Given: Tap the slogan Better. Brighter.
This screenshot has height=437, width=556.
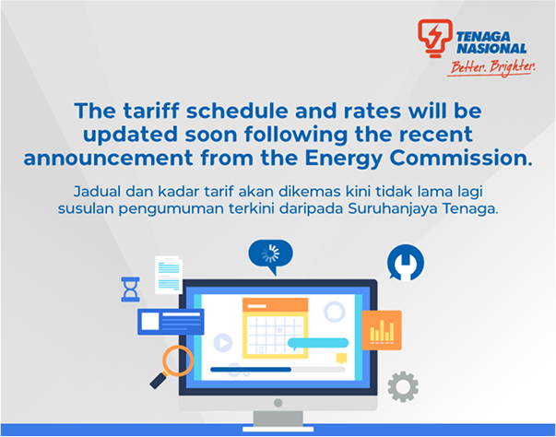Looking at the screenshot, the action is coord(492,67).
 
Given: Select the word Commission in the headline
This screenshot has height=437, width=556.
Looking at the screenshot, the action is coord(461,158).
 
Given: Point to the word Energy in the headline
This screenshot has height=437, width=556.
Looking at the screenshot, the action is coord(343,159).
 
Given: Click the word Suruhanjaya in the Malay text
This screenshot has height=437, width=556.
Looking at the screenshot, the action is coord(393,208).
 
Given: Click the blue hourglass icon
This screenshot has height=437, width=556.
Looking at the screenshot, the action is coord(131,289).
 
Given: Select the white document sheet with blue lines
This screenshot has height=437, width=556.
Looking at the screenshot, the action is coord(169,275).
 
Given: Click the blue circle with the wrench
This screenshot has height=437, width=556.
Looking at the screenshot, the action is coord(406,263).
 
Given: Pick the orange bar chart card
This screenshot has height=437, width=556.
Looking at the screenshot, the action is coord(382,330).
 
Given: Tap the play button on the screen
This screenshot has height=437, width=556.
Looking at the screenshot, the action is coord(223,343).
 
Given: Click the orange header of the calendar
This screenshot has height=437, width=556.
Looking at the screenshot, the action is coord(275,305).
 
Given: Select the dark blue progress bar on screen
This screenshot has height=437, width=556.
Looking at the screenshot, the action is coord(251,370).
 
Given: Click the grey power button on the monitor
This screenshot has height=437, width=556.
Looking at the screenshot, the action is coord(278,403).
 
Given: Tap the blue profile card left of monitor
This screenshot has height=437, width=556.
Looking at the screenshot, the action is coord(171,322).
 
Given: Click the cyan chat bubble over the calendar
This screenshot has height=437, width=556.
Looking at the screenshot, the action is coord(318,344).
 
